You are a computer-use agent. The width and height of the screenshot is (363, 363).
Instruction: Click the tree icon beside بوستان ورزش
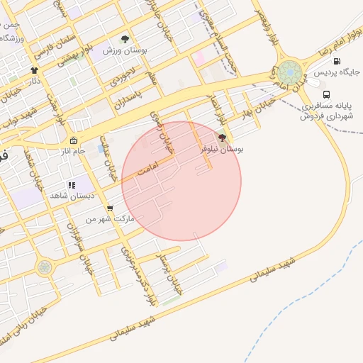(x=125, y=40)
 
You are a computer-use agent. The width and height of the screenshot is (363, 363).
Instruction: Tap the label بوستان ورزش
(x=125, y=50)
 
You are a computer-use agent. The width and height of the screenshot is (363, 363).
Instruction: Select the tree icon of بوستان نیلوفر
(x=222, y=138)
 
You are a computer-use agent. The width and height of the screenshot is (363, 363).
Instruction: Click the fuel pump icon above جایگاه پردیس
(x=337, y=62)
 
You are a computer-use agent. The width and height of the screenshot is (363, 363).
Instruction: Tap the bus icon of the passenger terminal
(x=326, y=94)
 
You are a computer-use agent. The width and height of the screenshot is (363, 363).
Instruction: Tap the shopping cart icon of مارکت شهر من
(x=109, y=208)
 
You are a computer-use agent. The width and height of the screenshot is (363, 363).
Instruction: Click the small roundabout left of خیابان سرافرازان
(x=45, y=267)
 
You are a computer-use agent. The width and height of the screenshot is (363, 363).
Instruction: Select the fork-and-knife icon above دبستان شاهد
(x=71, y=185)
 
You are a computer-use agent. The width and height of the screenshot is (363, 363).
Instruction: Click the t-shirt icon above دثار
(x=35, y=71)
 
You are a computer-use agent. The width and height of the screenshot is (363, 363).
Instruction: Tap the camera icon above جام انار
(x=73, y=140)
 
